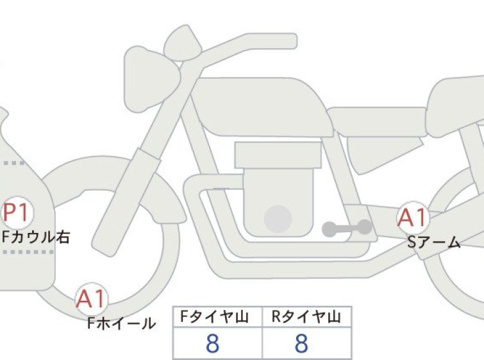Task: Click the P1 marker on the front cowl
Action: pyautogui.click(x=17, y=212)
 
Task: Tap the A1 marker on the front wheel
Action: pyautogui.click(x=92, y=299)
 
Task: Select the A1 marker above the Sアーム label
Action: pyautogui.click(x=413, y=218)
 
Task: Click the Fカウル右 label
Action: pyautogui.click(x=36, y=237)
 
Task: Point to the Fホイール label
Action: pyautogui.click(x=122, y=323)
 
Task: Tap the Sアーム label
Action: pyautogui.click(x=434, y=243)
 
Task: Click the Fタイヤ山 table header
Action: pyautogui.click(x=214, y=317)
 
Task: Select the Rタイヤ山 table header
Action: pyautogui.click(x=306, y=317)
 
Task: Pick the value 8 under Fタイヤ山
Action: pyautogui.click(x=212, y=343)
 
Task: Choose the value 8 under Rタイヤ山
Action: pyautogui.click(x=301, y=343)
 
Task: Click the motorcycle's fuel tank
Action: pyautogui.click(x=262, y=107)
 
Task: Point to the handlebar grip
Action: pyautogui.click(x=272, y=41)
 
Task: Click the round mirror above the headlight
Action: pyautogui.click(x=183, y=42)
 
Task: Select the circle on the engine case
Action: pyautogui.click(x=278, y=219)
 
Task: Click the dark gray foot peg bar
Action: pyautogui.click(x=347, y=228)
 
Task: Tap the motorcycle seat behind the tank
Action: pyautogui.click(x=376, y=122)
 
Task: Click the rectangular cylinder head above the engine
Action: pyautogui.click(x=278, y=155)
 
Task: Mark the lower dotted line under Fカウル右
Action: pyautogui.click(x=28, y=252)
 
